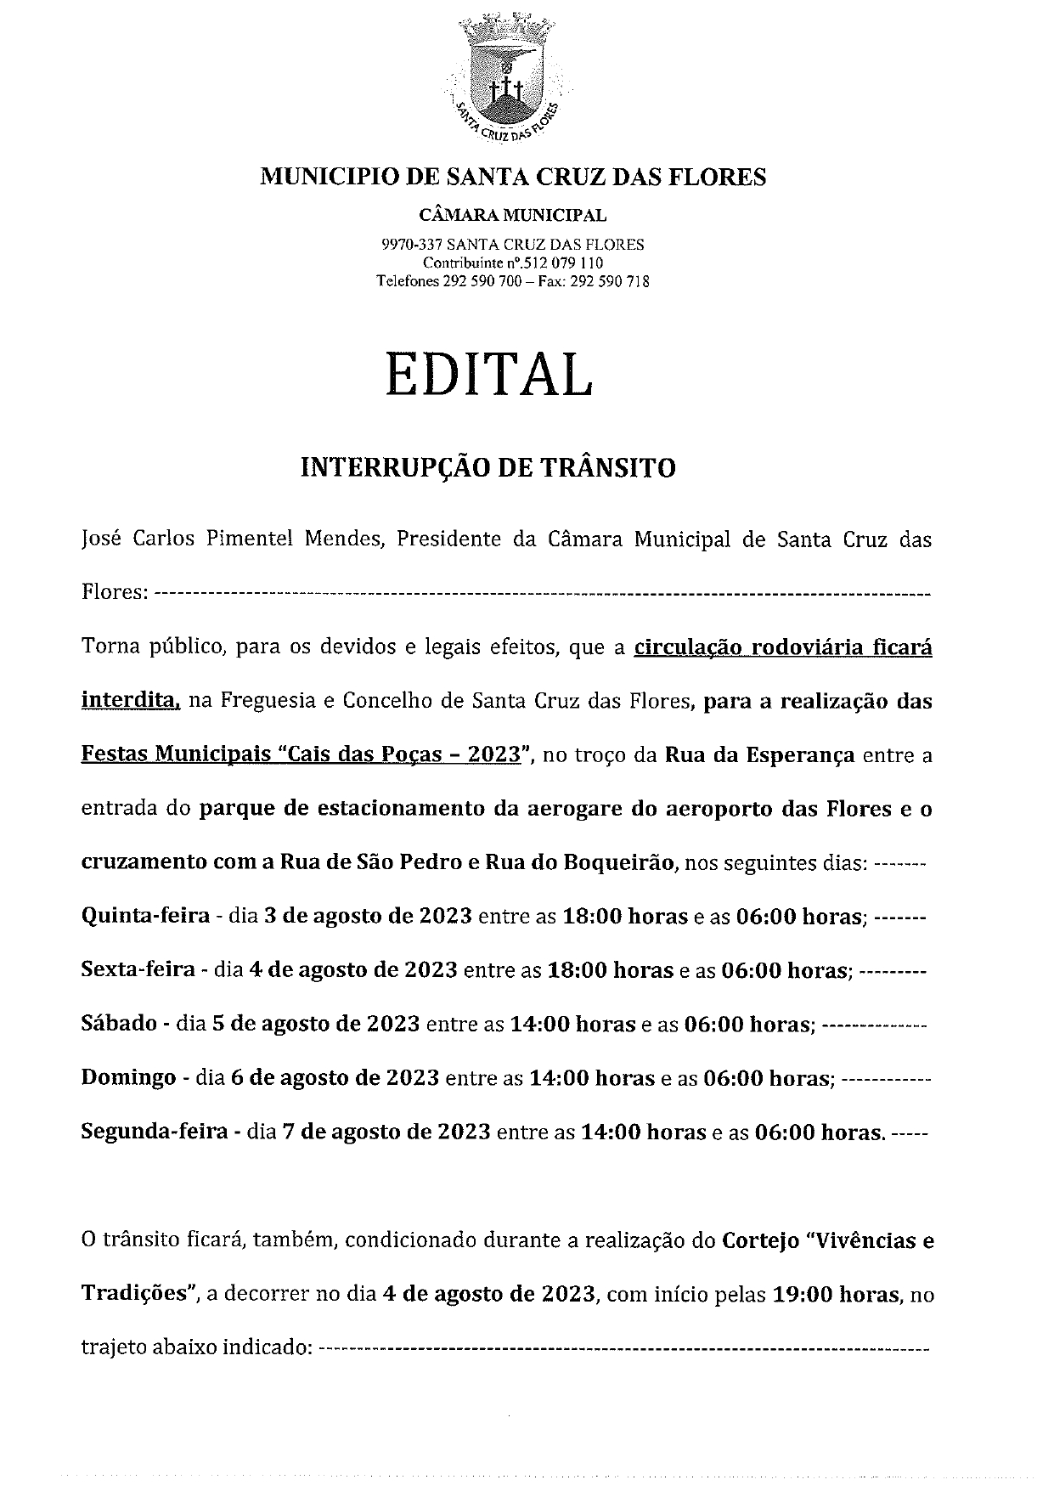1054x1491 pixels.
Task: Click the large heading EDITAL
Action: (488, 375)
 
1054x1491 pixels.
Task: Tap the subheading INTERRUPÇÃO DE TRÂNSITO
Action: (488, 467)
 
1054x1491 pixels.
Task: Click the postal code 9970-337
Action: (409, 245)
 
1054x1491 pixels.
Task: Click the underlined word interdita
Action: (131, 701)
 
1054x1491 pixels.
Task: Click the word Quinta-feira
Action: (145, 916)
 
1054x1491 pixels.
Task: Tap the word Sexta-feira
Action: (138, 969)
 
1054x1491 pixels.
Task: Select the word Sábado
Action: (119, 1024)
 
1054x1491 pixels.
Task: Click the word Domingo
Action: (128, 1078)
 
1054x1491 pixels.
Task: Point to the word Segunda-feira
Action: (155, 1132)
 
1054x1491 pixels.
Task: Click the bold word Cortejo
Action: (761, 1241)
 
